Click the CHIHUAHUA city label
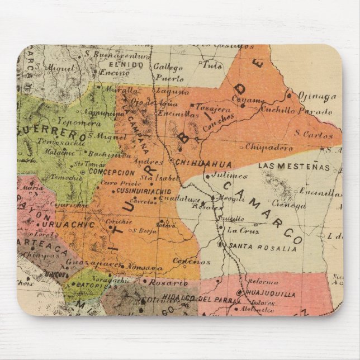pos(196,163)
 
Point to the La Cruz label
pos(242,230)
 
